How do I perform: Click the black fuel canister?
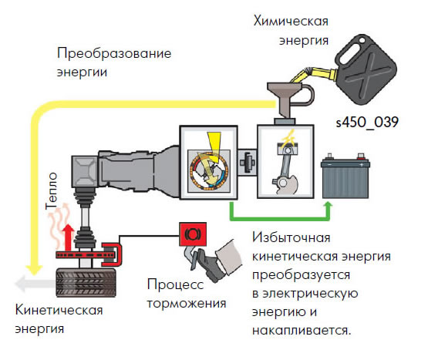366,69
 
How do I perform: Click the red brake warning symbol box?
193,234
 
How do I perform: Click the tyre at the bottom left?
86,282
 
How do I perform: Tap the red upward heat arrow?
68,237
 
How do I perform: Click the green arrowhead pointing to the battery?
329,207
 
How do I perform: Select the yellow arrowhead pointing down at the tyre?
34,270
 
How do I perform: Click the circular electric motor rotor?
209,170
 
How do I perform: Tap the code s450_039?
367,123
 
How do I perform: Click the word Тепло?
52,191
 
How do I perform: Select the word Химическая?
291,21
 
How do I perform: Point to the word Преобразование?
114,53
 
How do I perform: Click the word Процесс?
175,284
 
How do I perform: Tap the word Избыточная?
292,237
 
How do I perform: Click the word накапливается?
302,331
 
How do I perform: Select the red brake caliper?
112,254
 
